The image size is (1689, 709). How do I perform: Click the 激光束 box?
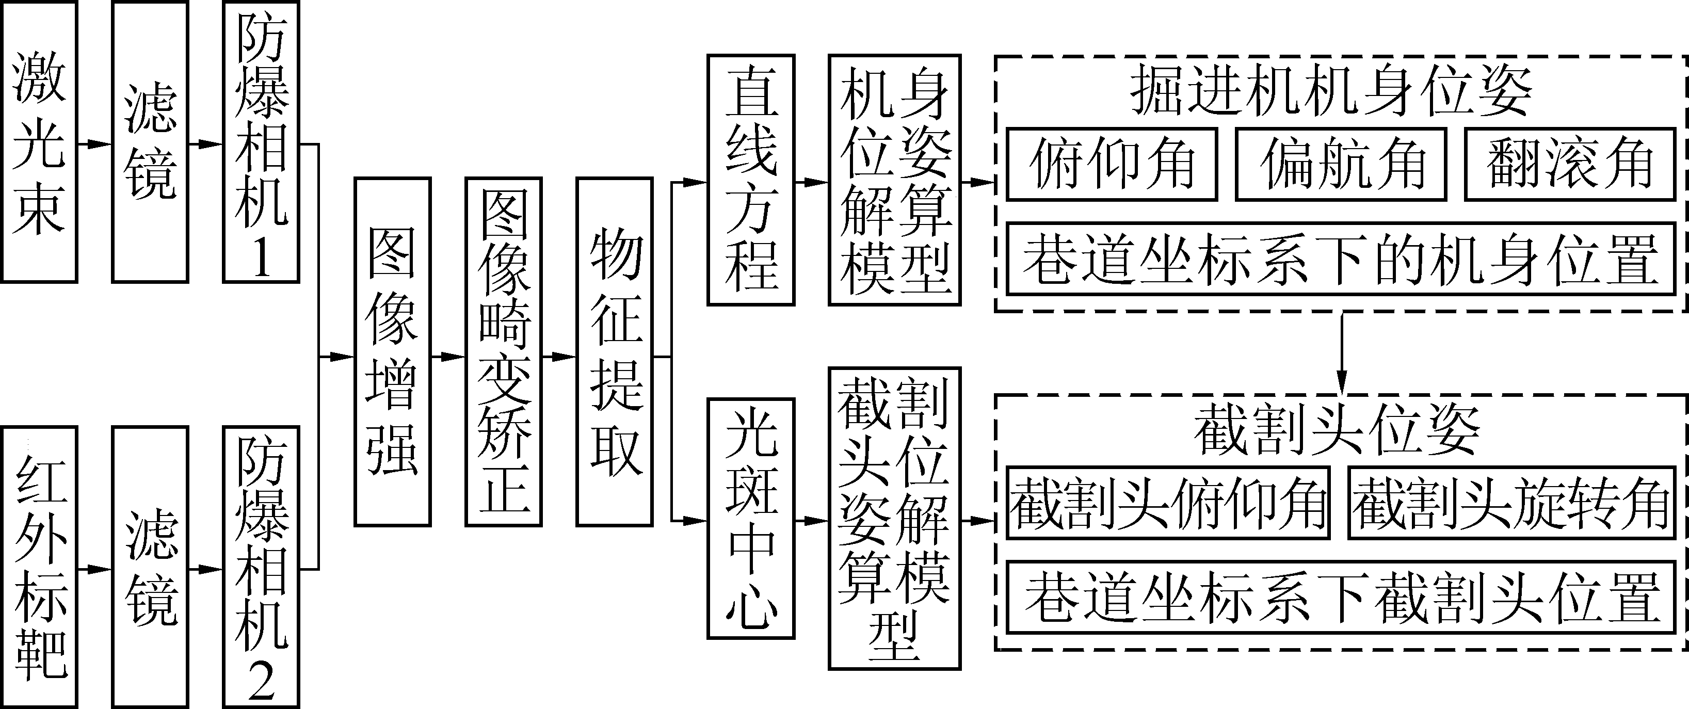39,142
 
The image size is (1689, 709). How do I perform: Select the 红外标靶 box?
39,567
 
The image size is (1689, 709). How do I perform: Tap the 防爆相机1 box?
261,142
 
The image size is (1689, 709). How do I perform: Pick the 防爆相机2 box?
261,567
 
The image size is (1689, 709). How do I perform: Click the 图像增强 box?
392,351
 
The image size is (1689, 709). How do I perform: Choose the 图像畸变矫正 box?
504,351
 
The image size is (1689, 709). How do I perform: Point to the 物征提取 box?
615,351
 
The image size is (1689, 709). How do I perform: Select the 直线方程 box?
751,181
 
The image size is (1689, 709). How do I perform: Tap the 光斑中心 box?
751,518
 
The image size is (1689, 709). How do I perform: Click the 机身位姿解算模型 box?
894,181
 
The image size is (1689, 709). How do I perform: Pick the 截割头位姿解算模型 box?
894,518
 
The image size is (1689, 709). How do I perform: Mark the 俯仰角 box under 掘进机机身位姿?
1112,164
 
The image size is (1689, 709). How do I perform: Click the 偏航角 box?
1340,164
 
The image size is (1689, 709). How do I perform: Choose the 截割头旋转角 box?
1511,503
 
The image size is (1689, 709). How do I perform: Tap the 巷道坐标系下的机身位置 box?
1340,259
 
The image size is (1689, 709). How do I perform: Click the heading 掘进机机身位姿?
1331,92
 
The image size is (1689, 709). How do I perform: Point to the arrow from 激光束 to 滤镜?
94,143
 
